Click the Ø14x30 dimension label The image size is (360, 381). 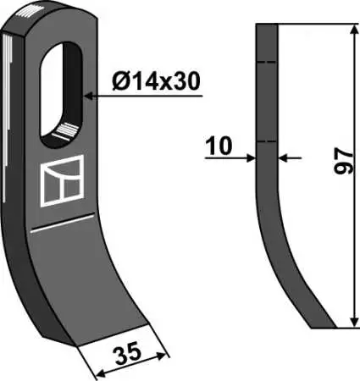(156, 81)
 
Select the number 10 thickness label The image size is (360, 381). (219, 146)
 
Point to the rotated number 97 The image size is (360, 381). (343, 162)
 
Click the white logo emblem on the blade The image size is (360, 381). (62, 180)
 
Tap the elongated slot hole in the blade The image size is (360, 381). (61, 95)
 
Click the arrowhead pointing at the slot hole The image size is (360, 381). (89, 97)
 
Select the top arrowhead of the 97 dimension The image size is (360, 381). (353, 30)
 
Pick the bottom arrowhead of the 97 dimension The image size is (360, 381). (353, 323)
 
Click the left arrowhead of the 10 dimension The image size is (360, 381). (251, 158)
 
